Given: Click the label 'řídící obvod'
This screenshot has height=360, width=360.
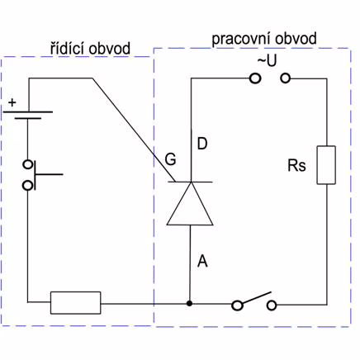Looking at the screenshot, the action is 90,49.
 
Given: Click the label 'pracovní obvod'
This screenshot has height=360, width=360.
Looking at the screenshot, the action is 264,39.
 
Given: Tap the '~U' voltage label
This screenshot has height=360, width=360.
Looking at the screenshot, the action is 267,61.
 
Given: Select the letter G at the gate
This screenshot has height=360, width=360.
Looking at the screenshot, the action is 170,159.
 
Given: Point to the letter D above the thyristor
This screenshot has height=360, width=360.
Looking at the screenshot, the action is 202,144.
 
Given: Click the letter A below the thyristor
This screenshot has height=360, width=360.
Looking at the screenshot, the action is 202,261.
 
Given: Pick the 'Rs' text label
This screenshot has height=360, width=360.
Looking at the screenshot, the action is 296,166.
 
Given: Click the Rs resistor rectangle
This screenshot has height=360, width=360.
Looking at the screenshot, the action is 326,165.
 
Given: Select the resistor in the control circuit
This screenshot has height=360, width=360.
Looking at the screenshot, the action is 75,302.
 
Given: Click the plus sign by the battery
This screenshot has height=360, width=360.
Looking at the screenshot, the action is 12,102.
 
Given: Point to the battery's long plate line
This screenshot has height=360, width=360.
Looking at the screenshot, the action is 27,112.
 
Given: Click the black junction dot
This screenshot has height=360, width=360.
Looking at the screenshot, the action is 189,303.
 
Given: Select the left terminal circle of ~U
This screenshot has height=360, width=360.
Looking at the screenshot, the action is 255,78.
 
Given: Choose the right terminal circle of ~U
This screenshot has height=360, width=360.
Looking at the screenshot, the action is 286,78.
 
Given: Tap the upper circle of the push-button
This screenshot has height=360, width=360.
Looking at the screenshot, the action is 27,164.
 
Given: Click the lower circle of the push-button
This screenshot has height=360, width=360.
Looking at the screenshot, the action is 27,186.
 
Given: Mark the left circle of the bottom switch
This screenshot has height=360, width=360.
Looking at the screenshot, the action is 237,306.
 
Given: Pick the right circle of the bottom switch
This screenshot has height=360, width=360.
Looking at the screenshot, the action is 272,306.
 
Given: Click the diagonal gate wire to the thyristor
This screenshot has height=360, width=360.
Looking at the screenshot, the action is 134,130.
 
